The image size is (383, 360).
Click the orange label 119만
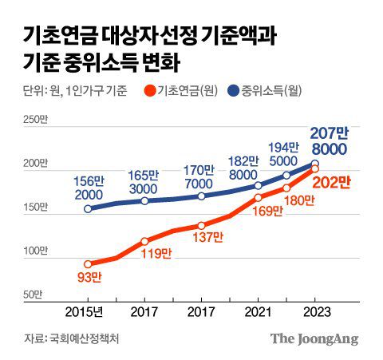[156, 254]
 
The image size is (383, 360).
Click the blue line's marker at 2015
[88, 209]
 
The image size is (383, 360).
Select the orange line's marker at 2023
[315, 169]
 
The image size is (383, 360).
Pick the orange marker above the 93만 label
[88, 264]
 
